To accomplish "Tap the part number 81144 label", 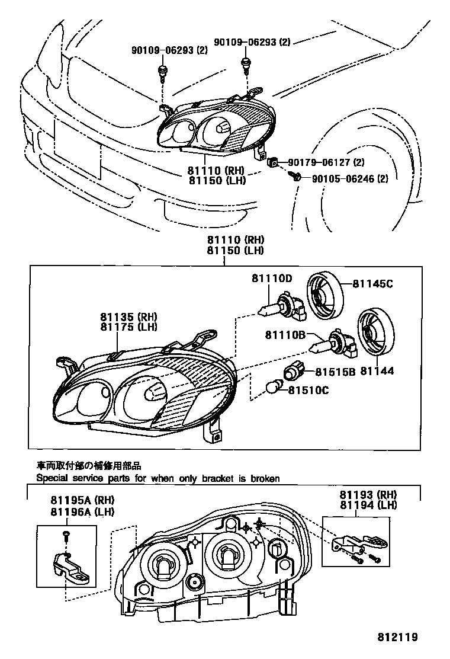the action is point(377,372).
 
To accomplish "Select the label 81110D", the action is point(272,278).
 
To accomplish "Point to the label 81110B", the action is point(285,335).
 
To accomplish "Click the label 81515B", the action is point(335,372).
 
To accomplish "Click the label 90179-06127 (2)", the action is point(326,162).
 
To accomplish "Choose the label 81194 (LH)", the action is point(368,504).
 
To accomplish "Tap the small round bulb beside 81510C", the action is point(274,389).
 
